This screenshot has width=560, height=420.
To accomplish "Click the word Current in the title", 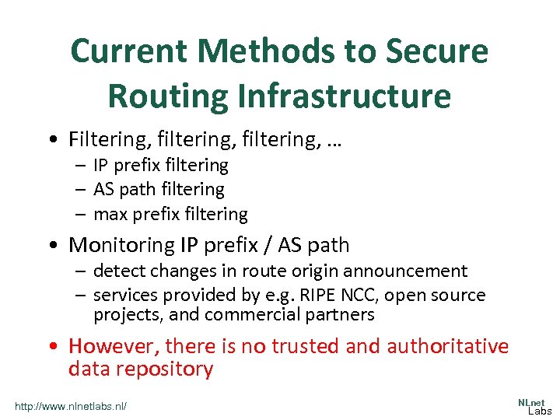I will point(128,52).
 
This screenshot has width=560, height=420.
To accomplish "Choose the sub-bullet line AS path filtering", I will point(159,189).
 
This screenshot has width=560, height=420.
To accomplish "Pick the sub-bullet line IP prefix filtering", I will point(161,165).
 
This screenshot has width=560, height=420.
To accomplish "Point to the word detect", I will point(117,271).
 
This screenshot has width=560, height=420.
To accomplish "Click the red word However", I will point(113,345).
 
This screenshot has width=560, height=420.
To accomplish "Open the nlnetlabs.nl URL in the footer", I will point(71,406).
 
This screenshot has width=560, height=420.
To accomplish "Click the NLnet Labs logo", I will point(534,405).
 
